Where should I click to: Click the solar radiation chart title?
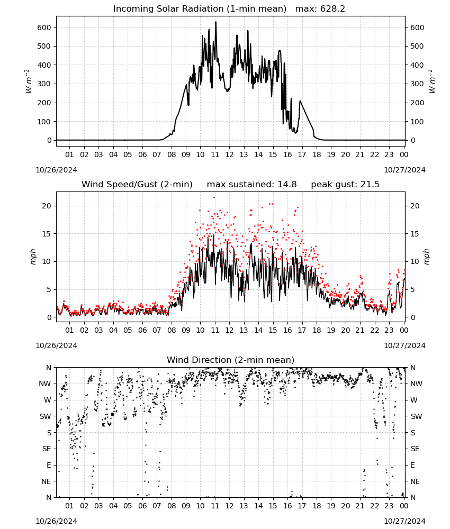(x=229, y=8)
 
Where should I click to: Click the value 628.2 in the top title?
(x=332, y=8)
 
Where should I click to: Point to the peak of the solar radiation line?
(x=215, y=22)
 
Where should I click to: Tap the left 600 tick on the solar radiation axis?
(x=44, y=28)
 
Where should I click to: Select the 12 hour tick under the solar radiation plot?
(x=229, y=154)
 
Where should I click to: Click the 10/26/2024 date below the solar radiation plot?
(x=56, y=170)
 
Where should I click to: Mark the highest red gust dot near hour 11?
(x=214, y=198)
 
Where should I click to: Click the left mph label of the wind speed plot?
(x=33, y=257)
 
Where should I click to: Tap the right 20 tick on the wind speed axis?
(x=415, y=206)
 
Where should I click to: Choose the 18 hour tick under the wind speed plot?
(x=316, y=330)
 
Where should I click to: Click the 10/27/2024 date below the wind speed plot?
(x=404, y=345)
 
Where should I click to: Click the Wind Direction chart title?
(x=231, y=360)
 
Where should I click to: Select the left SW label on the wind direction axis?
(x=46, y=416)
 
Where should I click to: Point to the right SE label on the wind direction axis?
(x=415, y=449)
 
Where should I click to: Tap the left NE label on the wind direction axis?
(x=46, y=481)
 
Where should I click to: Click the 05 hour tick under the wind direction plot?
(x=128, y=506)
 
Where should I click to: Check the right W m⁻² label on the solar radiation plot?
(x=432, y=81)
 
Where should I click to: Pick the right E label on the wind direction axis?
(x=412, y=465)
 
